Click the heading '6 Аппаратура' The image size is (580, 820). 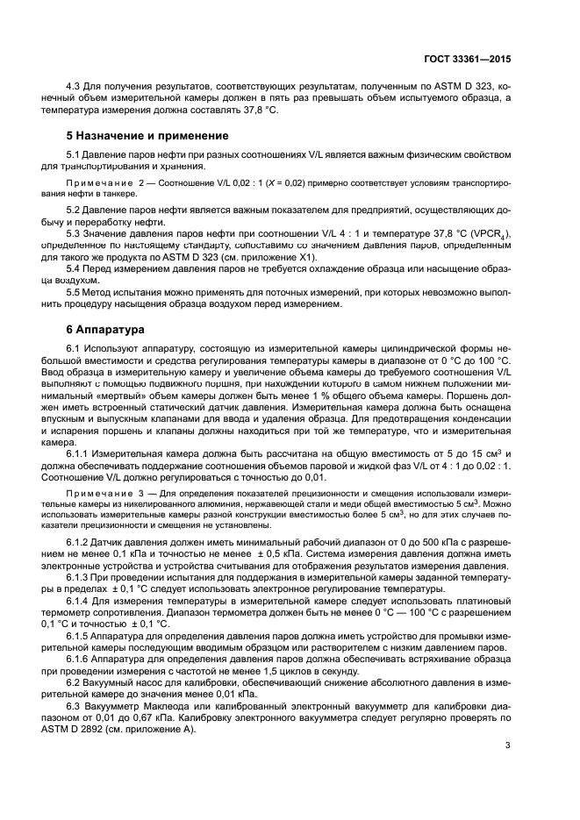point(98,332)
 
